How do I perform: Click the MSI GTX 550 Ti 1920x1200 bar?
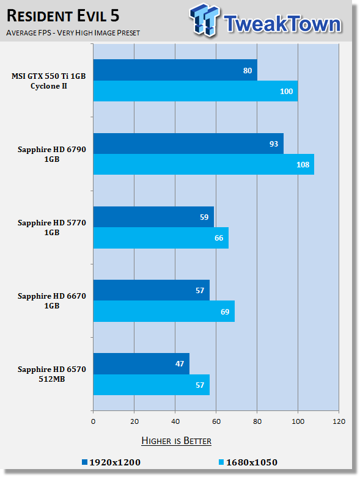click(175, 70)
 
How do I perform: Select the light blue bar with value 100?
click(196, 91)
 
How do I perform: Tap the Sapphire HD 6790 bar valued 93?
click(188, 144)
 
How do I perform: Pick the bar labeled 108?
click(204, 164)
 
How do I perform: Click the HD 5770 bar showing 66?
click(161, 238)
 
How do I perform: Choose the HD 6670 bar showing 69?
click(164, 311)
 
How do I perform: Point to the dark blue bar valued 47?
click(142, 364)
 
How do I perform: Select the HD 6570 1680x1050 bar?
click(152, 385)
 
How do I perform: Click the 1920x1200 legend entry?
click(111, 462)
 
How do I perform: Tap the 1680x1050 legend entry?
click(248, 462)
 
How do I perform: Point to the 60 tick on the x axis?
click(216, 421)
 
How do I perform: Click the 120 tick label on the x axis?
click(339, 421)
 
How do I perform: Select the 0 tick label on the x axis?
click(93, 421)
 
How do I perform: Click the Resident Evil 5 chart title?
click(63, 16)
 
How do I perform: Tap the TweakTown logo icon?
click(204, 20)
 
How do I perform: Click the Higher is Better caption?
click(177, 441)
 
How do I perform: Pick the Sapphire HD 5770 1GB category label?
click(52, 228)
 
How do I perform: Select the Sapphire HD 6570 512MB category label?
click(52, 374)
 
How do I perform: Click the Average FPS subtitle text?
click(73, 32)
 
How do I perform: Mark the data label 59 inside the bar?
click(204, 217)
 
